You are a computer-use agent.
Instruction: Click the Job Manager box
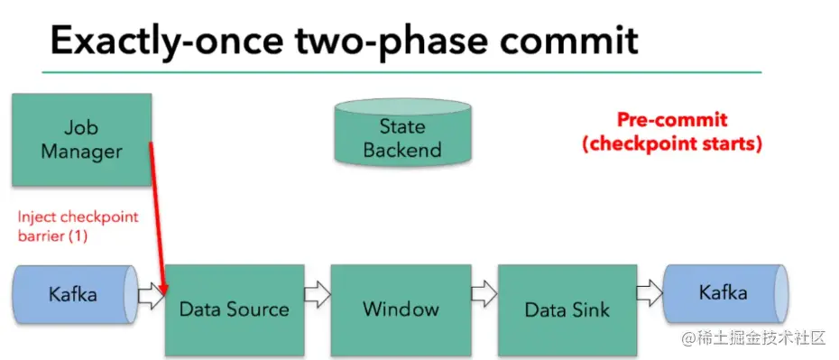pos(81,140)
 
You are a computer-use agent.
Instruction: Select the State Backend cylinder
pos(402,132)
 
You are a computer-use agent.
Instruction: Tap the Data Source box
pos(235,309)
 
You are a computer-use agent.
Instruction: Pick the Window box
pos(401,309)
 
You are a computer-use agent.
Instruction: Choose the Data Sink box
pos(567,309)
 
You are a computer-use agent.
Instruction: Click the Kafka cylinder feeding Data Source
pos(75,294)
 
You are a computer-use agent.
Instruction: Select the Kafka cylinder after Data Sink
pos(725,293)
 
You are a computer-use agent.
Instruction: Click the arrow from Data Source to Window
pos(318,295)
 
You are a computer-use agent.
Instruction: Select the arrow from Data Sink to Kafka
pos(650,293)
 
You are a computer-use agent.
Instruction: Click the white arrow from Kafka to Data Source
pos(152,296)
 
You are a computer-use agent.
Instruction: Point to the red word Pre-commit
pos(672,119)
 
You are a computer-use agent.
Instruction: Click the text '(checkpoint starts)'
pos(672,143)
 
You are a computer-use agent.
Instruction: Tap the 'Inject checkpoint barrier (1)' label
pos(78,226)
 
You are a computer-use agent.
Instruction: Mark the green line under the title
pos(401,71)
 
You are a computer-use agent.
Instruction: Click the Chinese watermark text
pos(754,337)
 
